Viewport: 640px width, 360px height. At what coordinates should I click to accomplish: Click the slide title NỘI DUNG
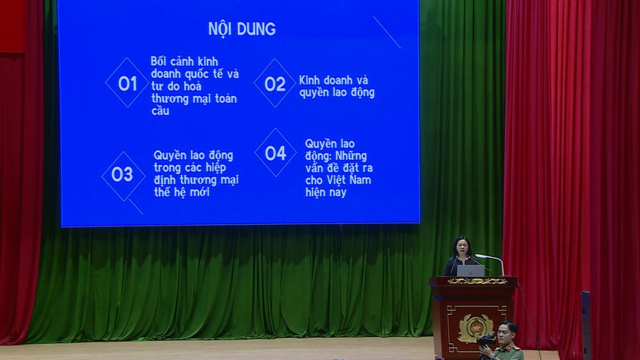click(242, 29)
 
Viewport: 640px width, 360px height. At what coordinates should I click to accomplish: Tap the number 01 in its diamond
click(127, 84)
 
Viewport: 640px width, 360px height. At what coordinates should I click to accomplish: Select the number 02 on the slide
click(275, 84)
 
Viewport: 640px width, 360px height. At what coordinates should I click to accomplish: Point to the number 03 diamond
click(122, 175)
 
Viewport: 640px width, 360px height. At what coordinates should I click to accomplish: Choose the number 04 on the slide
click(275, 154)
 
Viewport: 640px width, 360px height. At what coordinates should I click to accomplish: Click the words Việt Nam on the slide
click(349, 180)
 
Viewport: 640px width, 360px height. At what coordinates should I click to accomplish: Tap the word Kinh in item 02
click(309, 80)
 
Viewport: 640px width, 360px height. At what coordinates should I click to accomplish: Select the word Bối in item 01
click(159, 61)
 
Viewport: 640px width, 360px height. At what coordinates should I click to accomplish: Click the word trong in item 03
click(167, 168)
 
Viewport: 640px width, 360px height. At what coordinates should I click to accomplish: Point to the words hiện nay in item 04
click(325, 192)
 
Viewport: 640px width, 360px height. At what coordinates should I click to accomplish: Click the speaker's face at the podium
click(462, 248)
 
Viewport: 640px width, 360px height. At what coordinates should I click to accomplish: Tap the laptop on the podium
click(470, 271)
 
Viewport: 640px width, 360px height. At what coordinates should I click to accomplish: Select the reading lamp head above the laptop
click(483, 256)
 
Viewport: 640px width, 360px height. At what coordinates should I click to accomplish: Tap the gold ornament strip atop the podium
click(477, 281)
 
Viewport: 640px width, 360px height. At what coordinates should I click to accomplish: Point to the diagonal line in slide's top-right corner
click(387, 32)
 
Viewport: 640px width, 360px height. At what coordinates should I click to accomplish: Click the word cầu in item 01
click(160, 111)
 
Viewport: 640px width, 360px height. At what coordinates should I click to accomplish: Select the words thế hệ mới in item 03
click(182, 192)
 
